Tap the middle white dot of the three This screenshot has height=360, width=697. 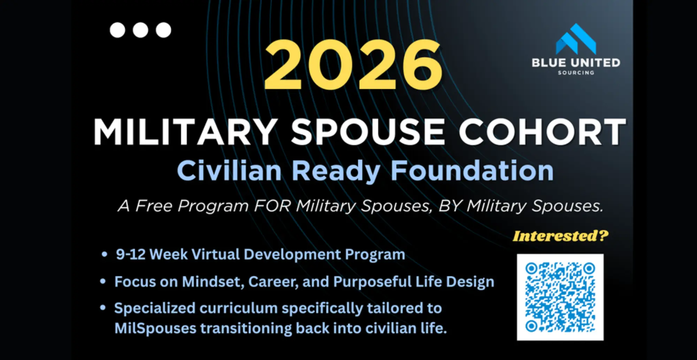click(x=140, y=30)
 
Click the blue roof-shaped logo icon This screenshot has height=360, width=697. click(x=576, y=39)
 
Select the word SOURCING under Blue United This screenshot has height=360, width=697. click(x=576, y=73)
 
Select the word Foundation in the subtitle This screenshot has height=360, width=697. click(x=472, y=170)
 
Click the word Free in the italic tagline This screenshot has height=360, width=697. click(x=154, y=206)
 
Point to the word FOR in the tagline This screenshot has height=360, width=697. click(x=272, y=206)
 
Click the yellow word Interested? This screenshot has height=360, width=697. click(x=560, y=236)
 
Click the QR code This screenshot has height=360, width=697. click(x=560, y=297)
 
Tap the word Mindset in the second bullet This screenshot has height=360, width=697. click(x=213, y=282)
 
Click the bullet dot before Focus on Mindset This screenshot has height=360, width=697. click(x=103, y=281)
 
